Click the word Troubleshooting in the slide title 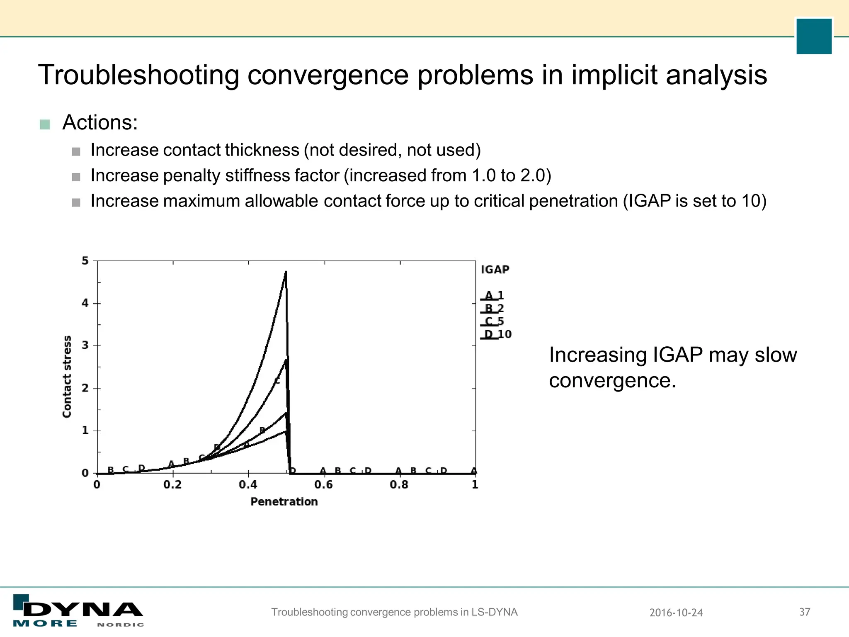138,75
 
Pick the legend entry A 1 494,295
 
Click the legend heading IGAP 495,270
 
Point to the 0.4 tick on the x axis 248,484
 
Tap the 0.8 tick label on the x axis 399,484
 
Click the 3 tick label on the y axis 85,345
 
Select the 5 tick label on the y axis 85,261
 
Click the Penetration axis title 284,502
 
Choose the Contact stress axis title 67,377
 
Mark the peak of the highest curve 286,272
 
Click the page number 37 805,612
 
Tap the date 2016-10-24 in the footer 676,613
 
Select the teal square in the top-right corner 814,36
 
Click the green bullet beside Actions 45,124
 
